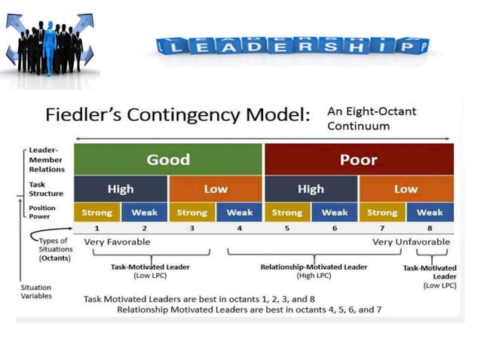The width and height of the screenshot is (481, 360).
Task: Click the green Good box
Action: pos(168,160)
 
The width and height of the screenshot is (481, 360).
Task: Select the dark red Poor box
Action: pos(358,160)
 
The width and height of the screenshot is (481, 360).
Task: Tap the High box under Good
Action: pos(121,189)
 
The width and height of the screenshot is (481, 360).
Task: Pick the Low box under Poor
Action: pos(406,189)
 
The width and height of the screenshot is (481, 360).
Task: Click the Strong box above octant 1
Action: pos(97,212)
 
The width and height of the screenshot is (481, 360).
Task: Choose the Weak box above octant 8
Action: pos(430,212)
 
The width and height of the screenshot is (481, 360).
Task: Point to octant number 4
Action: pos(240,227)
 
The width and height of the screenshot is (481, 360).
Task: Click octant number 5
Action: pos(287,227)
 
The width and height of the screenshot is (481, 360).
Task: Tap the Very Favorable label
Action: pos(117,242)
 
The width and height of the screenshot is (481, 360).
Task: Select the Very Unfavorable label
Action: pos(411,242)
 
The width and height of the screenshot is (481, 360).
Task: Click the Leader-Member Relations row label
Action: pos(46,159)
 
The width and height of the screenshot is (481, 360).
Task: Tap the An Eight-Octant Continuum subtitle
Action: pos(371,118)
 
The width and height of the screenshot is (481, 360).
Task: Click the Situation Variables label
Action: pos(35,291)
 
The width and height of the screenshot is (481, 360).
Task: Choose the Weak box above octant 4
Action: pos(240,212)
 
